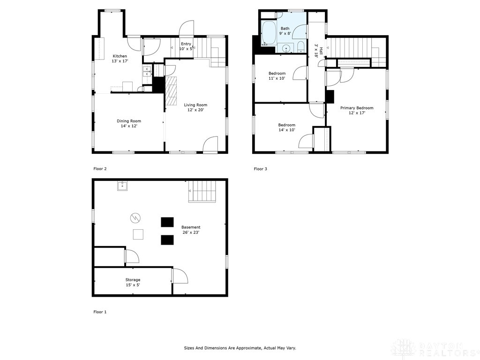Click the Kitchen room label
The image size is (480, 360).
120,59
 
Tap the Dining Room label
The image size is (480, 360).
129,124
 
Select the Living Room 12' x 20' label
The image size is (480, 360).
195,107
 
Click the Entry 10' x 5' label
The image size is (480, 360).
186,46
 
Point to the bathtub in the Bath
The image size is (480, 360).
269,33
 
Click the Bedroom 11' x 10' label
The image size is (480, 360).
277,76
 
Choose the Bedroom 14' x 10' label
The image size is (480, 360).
286,127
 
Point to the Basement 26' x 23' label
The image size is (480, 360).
191,230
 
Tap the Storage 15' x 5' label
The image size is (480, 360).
133,282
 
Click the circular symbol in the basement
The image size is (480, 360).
135,218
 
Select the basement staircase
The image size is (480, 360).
202,191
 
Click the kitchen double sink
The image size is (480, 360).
147,71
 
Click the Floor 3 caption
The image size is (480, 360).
261,169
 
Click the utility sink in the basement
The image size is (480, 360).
123,186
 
